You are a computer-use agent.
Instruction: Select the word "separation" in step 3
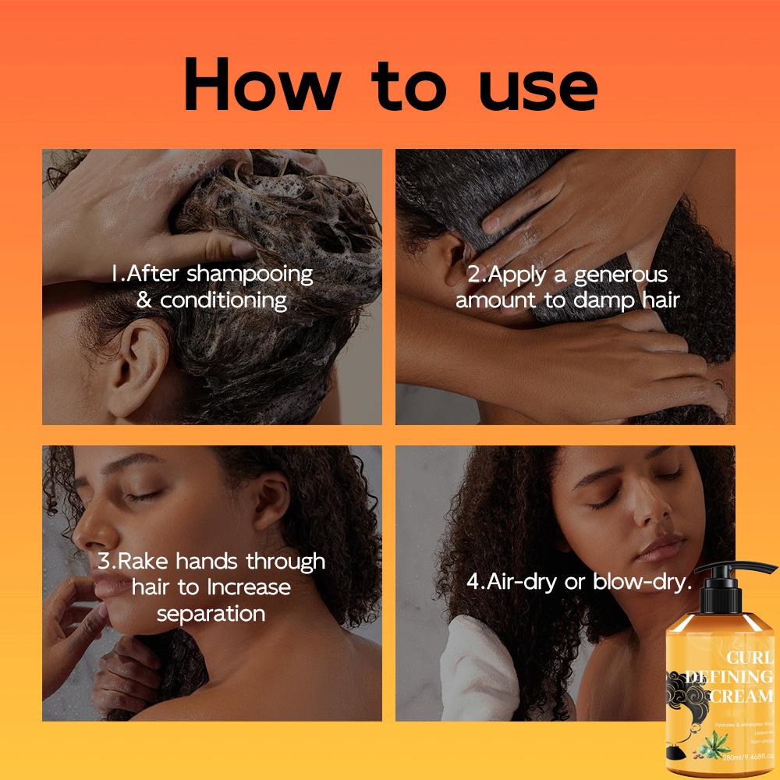(211, 613)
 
